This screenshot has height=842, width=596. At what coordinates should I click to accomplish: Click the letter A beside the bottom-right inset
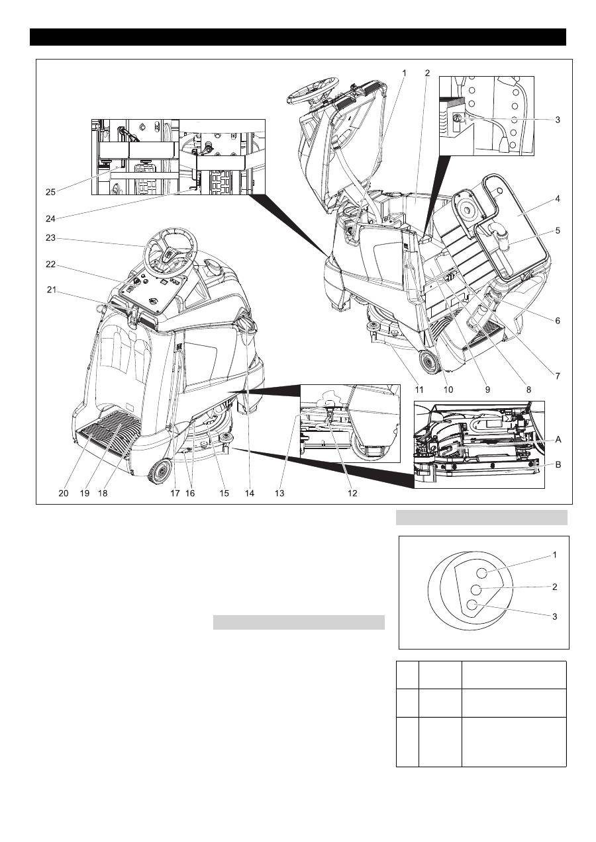[558, 439]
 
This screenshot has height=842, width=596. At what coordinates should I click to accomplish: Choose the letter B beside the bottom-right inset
[558, 465]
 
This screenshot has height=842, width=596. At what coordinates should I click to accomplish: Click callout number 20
[63, 493]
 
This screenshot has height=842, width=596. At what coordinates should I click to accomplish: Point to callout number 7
[558, 376]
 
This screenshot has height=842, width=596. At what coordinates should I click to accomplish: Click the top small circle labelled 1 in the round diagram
[481, 573]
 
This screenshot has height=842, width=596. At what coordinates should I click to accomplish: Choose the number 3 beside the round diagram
[555, 616]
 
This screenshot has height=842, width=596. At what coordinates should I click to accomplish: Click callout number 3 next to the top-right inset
[558, 120]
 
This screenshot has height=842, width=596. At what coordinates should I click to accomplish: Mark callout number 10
[448, 390]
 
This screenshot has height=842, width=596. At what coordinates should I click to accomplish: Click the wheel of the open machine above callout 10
[428, 361]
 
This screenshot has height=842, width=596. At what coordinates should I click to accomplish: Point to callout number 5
[558, 230]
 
